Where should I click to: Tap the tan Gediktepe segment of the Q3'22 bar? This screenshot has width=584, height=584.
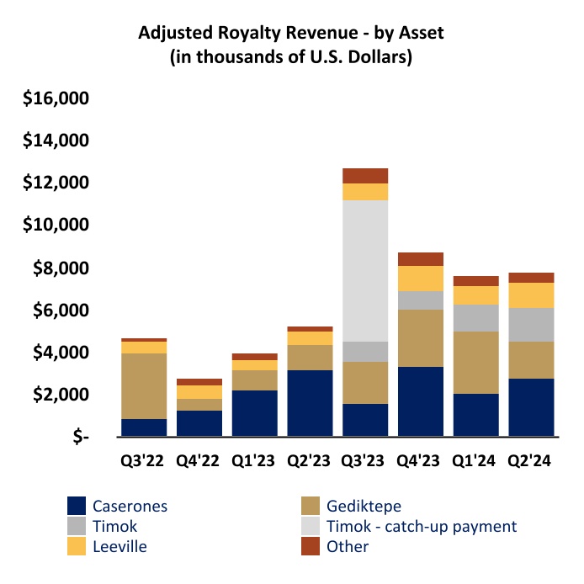point(143,385)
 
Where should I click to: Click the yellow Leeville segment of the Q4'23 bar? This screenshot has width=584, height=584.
point(420,279)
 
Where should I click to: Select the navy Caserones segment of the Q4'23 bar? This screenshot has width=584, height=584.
point(420,401)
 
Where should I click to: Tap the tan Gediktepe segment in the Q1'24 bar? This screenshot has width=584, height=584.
point(475,363)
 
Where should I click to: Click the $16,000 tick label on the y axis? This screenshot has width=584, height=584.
point(56,98)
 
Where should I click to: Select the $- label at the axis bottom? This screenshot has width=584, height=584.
point(79,438)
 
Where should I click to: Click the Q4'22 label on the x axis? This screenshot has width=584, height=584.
point(199,461)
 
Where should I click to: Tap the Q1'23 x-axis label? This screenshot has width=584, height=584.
point(253,461)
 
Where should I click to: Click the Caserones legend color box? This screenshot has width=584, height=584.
point(77,506)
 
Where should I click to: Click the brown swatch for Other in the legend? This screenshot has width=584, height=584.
point(311,547)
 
